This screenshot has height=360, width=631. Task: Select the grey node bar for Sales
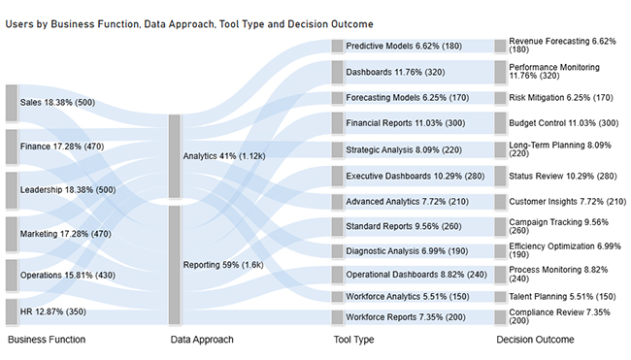(x=12, y=103)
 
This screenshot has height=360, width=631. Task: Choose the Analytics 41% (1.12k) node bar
(x=175, y=155)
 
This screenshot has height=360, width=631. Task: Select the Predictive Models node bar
(x=338, y=45)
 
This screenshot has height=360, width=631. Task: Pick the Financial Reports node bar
(x=338, y=122)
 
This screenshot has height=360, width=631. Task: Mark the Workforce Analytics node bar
(x=338, y=296)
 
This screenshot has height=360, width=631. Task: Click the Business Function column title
(x=47, y=341)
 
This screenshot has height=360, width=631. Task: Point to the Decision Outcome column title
(x=535, y=341)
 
